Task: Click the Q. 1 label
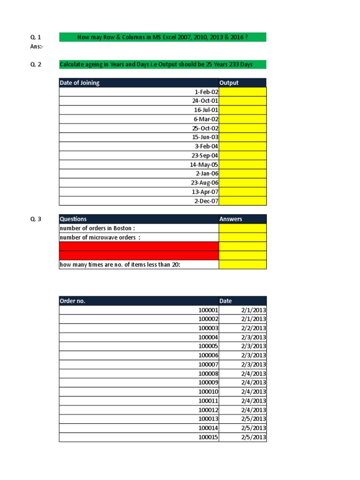coord(36,37)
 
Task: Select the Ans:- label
coord(37,46)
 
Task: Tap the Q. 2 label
coord(36,64)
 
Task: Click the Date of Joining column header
coord(80,83)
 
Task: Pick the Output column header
coord(229,83)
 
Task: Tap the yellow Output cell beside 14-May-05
coord(242,165)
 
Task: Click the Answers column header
coord(231,219)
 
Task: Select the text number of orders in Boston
coord(97,228)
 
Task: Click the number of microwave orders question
coord(100,237)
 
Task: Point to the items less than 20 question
coord(120,264)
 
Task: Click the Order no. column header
coord(72,301)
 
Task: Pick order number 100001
coord(208,310)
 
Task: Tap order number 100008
coord(208,374)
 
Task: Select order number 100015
coord(208,437)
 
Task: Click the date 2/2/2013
coord(253,328)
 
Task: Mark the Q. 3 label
coord(36,219)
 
